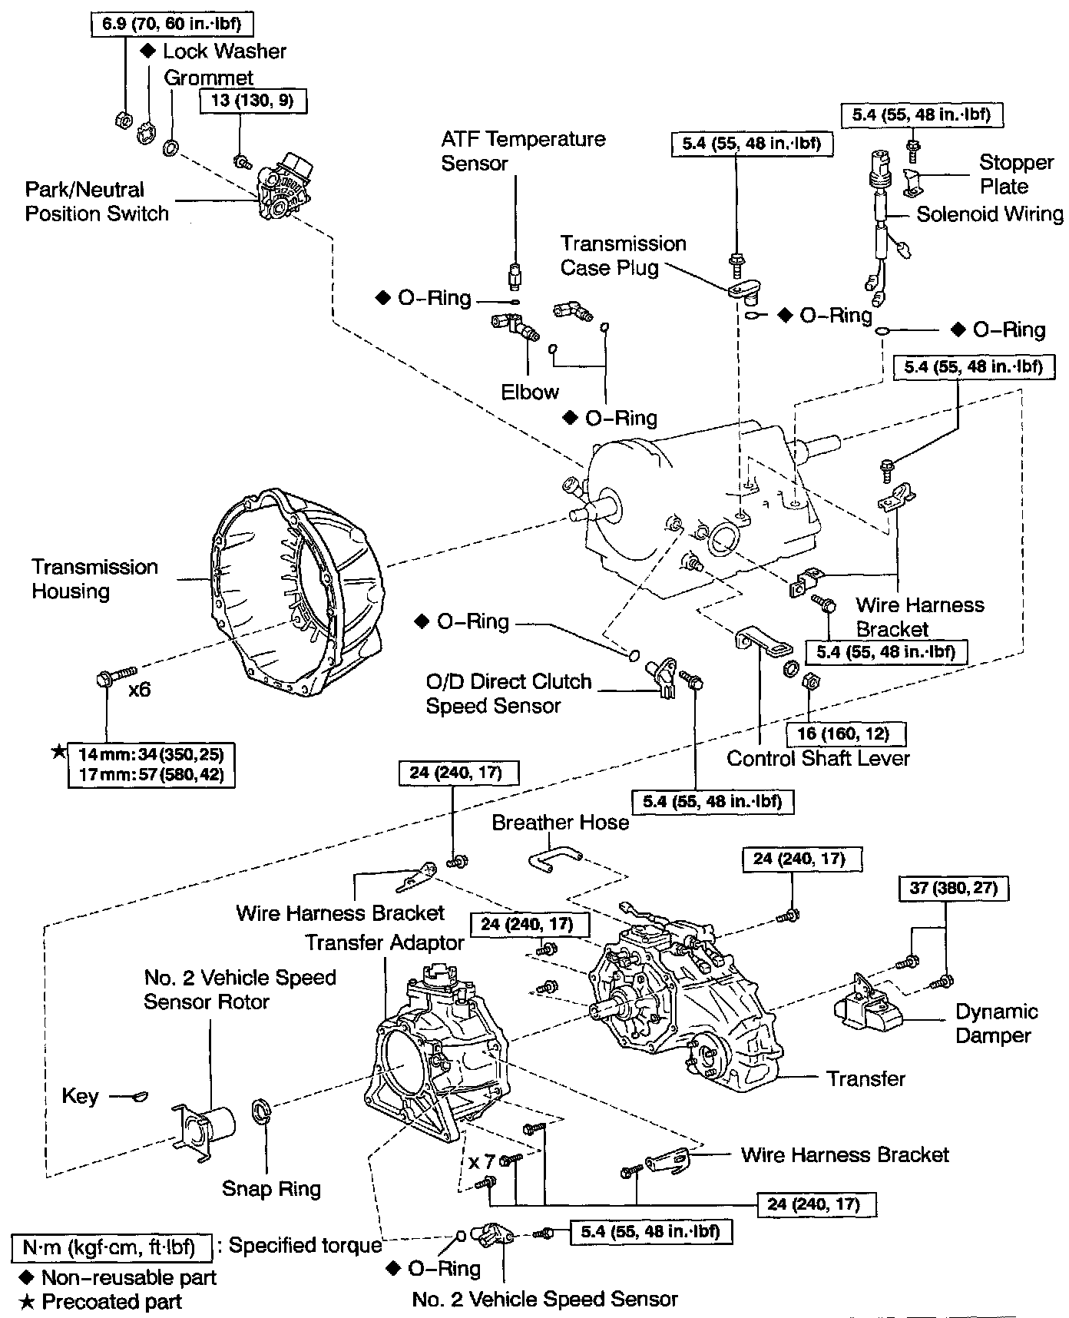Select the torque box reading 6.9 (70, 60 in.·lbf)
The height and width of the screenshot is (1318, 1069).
[x=171, y=24]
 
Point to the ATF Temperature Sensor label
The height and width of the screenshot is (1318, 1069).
[x=523, y=151]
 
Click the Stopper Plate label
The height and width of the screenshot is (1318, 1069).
[x=1015, y=174]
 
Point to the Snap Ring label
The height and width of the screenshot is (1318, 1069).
[x=271, y=1189]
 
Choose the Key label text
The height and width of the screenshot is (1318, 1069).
[x=81, y=1096]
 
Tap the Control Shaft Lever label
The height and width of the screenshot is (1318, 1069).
[x=818, y=759]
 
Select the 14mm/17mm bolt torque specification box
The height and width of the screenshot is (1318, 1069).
[x=151, y=764]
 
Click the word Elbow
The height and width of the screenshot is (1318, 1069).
[x=530, y=392]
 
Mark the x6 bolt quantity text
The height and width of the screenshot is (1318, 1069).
[x=140, y=689]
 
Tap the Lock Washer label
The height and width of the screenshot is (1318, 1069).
[x=224, y=51]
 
